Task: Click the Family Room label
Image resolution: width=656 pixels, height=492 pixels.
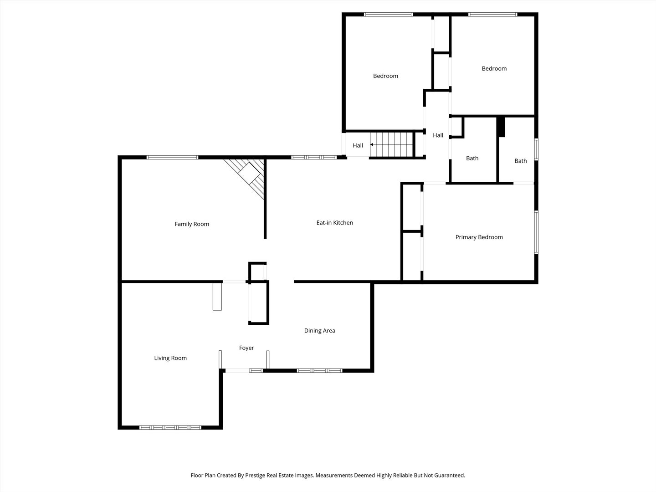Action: (192, 224)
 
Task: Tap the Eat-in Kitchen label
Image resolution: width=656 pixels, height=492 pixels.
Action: (334, 223)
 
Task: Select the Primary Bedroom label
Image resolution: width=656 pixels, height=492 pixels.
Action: (479, 237)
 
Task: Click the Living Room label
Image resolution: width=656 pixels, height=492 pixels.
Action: (170, 358)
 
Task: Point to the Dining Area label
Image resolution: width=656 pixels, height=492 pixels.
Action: (319, 331)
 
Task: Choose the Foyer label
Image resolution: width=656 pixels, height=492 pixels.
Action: (246, 348)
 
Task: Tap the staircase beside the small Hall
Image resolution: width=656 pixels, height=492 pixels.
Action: (391, 144)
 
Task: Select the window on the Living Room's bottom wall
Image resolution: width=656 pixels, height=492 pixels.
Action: (170, 427)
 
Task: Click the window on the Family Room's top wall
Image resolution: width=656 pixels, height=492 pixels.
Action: (172, 158)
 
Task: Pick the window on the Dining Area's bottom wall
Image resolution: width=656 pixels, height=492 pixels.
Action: (319, 370)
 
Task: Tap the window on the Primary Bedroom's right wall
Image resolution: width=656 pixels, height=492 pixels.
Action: (536, 232)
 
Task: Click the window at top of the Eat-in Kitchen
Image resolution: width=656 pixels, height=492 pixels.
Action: (314, 158)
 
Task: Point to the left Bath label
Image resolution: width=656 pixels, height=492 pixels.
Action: (472, 159)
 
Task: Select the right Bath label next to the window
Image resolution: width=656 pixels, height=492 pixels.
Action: (520, 161)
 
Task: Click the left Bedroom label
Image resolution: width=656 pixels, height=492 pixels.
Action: (385, 76)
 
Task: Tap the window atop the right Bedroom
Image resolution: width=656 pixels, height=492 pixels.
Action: (493, 15)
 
